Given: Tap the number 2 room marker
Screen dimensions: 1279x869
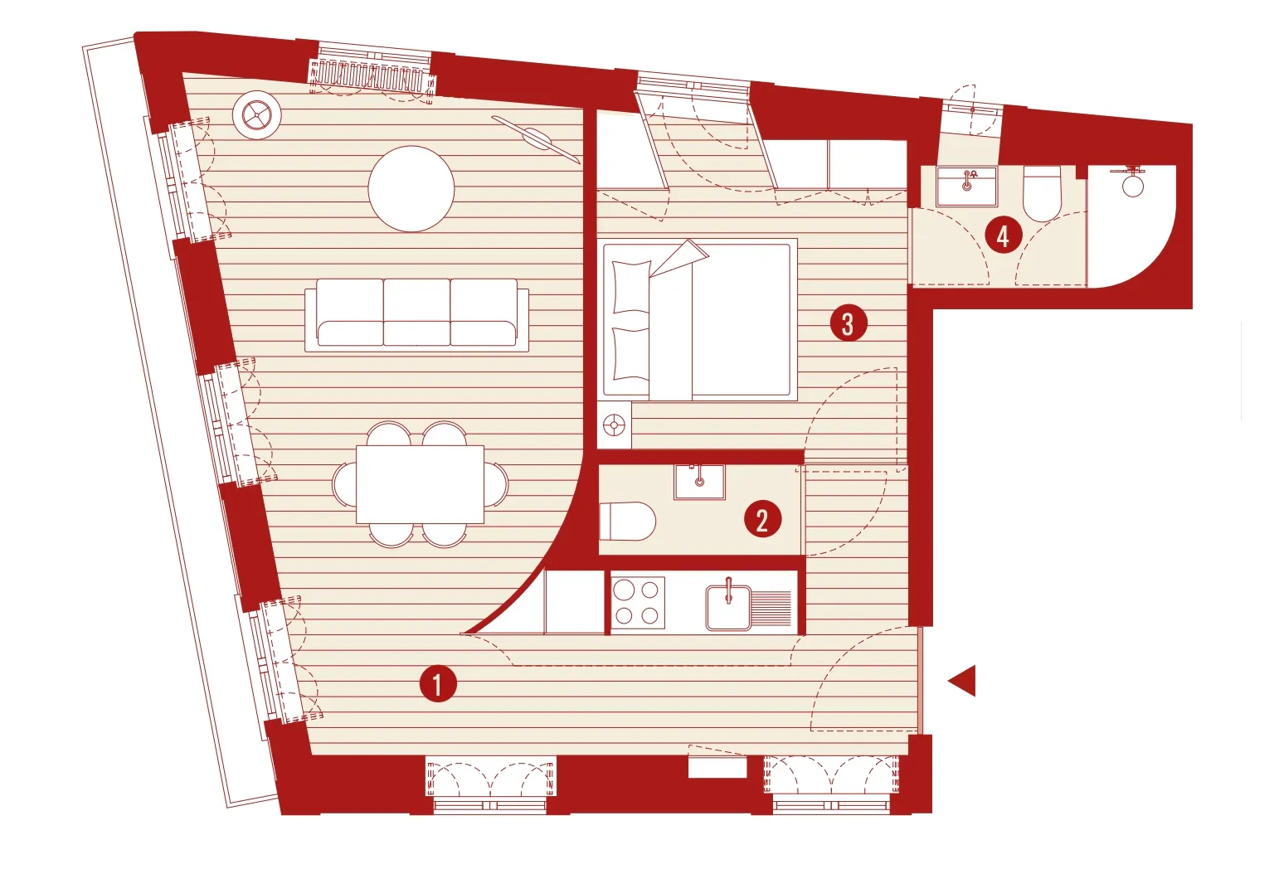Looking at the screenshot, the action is click(762, 519).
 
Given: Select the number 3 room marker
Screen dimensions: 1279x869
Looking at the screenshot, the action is click(849, 323).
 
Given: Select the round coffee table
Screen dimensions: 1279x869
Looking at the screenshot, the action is click(411, 189).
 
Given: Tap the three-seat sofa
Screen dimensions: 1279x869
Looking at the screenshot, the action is click(417, 314).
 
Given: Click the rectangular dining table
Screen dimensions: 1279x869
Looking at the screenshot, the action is click(420, 484).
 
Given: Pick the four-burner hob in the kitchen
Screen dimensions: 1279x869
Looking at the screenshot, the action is click(638, 603).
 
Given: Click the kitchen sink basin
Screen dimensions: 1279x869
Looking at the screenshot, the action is click(728, 608).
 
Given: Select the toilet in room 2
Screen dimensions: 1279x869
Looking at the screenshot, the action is click(628, 521).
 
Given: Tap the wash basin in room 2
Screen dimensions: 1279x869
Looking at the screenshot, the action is click(699, 482).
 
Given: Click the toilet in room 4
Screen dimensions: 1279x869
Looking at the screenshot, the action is click(1042, 193).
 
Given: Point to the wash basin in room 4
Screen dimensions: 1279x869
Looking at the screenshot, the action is click(966, 186).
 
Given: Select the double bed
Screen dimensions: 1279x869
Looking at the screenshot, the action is click(698, 320).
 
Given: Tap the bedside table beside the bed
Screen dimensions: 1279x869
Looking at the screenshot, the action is click(615, 425).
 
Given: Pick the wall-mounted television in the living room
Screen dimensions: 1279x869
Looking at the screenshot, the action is click(536, 139).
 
